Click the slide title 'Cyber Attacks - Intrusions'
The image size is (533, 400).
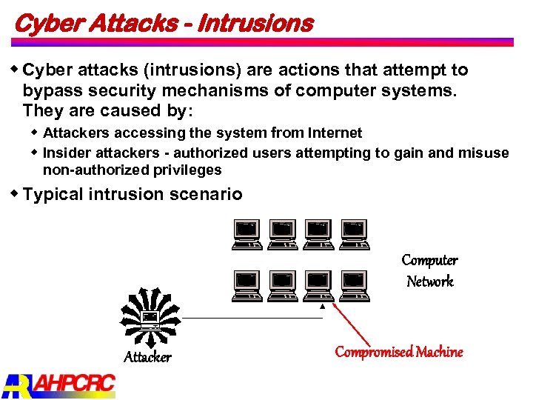pyautogui.click(x=164, y=23)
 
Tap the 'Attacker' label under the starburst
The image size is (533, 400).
pyautogui.click(x=147, y=357)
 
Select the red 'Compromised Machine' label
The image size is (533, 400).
pyautogui.click(x=399, y=352)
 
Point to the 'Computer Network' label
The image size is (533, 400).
pyautogui.click(x=429, y=270)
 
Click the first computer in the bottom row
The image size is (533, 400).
pyautogui.click(x=246, y=286)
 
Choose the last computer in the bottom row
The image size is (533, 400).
pyautogui.click(x=354, y=286)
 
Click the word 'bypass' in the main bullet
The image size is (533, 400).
pyautogui.click(x=49, y=90)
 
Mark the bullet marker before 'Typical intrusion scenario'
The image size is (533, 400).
pyautogui.click(x=15, y=193)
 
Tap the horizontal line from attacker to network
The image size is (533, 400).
pyautogui.click(x=252, y=318)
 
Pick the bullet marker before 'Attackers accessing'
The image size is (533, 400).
pyautogui.click(x=35, y=132)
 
